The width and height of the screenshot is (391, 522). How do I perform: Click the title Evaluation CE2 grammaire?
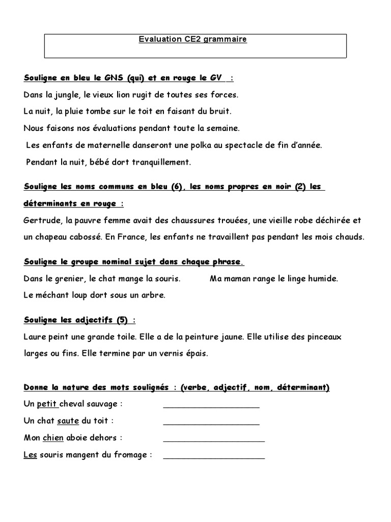193,39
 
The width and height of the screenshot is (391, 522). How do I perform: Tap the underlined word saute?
68,421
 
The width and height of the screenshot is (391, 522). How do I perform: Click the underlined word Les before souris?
30,455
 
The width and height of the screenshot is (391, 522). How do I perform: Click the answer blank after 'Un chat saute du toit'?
211,422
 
